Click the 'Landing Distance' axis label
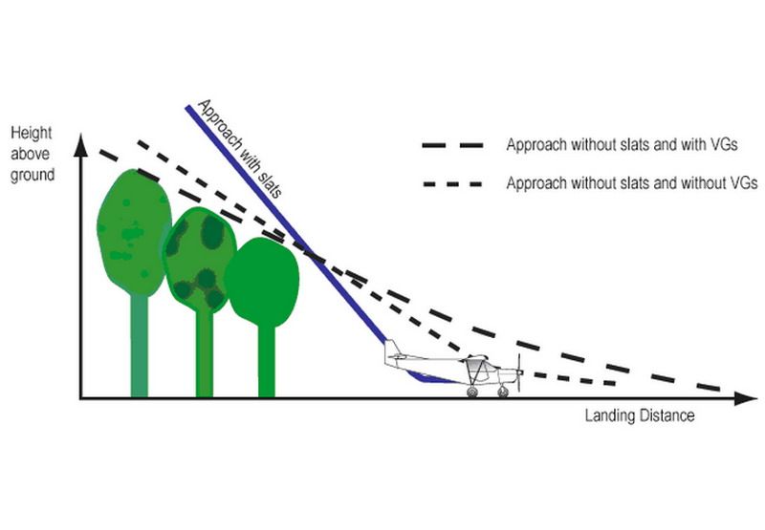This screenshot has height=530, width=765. pyautogui.click(x=640, y=415)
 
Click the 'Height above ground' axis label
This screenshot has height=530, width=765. pyautogui.click(x=33, y=154)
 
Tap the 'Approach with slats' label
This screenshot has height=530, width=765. pyautogui.click(x=240, y=149)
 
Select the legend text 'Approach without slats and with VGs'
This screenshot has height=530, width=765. pyautogui.click(x=622, y=145)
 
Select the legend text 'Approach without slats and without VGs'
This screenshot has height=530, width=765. pyautogui.click(x=632, y=183)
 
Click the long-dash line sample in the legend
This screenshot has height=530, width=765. pyautogui.click(x=452, y=145)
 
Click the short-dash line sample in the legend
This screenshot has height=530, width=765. pyautogui.click(x=452, y=184)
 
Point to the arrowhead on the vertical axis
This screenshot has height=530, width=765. pyautogui.click(x=80, y=145)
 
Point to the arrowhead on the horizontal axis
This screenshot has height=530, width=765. pyautogui.click(x=745, y=398)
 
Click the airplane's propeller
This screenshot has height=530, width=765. pyautogui.click(x=519, y=372)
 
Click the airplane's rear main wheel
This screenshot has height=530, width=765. pyautogui.click(x=472, y=392)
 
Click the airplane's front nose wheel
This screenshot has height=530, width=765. pyautogui.click(x=503, y=392)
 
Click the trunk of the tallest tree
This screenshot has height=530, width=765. pyautogui.click(x=139, y=345)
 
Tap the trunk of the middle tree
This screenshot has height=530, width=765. pyautogui.click(x=205, y=354)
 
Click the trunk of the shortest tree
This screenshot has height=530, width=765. pyautogui.click(x=267, y=361)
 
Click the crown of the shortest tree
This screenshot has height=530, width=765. pyautogui.click(x=262, y=282)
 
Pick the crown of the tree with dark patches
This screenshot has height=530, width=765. pyautogui.click(x=198, y=259)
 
